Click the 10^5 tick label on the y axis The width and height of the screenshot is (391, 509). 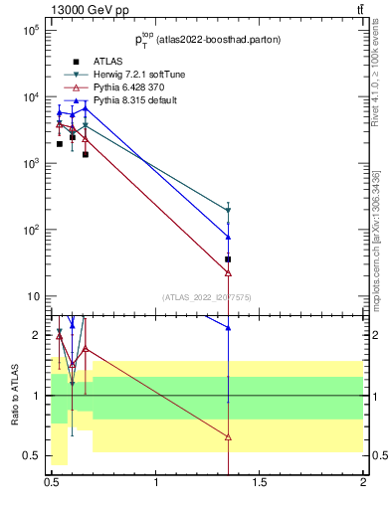point(31,31)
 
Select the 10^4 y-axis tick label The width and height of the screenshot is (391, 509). point(31,97)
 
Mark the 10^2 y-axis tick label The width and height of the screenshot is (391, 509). point(31,231)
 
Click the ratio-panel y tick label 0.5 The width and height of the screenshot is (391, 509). point(36,456)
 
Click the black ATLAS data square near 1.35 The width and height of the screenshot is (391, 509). point(229,259)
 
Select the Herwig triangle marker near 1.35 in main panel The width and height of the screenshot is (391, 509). point(229,210)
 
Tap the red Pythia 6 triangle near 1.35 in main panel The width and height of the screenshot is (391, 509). point(229,271)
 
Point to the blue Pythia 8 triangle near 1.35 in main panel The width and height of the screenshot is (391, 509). point(229,236)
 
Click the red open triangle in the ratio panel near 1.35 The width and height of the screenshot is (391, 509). point(229,436)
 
